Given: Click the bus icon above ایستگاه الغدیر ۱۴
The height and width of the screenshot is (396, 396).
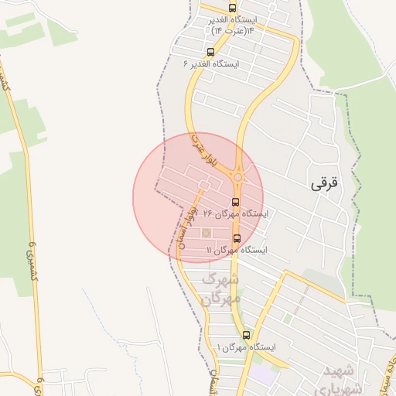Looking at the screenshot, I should coord(233,8).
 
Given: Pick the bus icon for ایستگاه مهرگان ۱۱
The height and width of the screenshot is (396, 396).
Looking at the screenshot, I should coord(236,238).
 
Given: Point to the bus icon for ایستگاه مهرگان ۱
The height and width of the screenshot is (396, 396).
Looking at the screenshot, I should coord(247,335).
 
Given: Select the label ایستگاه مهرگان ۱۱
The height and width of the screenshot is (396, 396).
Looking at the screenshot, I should coord(236,250).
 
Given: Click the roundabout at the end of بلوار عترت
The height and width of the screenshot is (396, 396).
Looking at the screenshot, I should coord(237,177).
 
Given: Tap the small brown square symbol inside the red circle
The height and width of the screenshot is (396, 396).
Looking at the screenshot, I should coord(206,232).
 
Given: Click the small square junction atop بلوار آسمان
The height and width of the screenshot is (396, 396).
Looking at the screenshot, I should coord(203,183).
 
